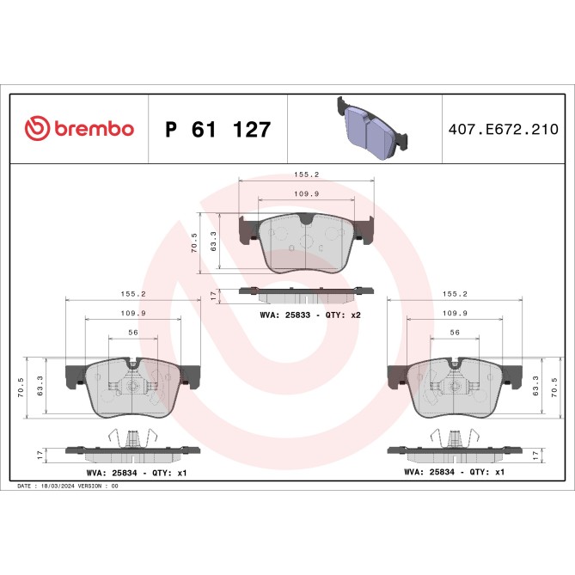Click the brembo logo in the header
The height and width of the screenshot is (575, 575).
[78, 129]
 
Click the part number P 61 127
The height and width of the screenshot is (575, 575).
[217, 130]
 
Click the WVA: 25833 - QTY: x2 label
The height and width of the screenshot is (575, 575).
[309, 315]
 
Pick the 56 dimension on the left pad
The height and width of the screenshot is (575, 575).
[132, 333]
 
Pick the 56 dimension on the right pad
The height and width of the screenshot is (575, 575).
[454, 333]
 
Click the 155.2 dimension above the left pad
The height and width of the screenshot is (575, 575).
[132, 293]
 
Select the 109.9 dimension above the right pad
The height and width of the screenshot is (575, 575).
[454, 313]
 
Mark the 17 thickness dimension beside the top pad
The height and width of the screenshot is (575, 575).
[213, 295]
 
